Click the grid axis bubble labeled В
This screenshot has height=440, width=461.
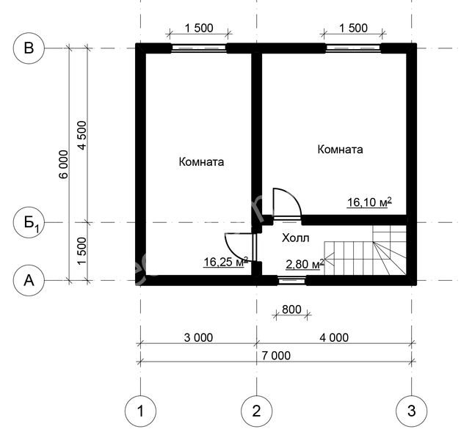pyautogui.click(x=29, y=48)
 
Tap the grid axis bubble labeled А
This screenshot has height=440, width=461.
pyautogui.click(x=29, y=281)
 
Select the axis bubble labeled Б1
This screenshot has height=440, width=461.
pyautogui.click(x=29, y=222)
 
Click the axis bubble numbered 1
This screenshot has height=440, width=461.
pyautogui.click(x=140, y=411)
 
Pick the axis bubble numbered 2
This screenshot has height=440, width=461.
pyautogui.click(x=257, y=411)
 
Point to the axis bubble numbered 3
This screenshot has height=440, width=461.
pyautogui.click(x=412, y=411)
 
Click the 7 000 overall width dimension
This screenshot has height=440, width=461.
pyautogui.click(x=276, y=356)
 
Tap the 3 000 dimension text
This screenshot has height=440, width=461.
pyautogui.click(x=198, y=338)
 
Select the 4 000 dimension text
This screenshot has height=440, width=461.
pyautogui.click(x=334, y=338)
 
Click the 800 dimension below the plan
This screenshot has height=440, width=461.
pyautogui.click(x=291, y=309)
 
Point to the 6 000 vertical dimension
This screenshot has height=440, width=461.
pyautogui.click(x=64, y=164)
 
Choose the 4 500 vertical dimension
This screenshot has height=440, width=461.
pyautogui.click(x=82, y=135)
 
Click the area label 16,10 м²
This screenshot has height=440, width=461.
pyautogui.click(x=369, y=202)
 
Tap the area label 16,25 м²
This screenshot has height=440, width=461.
pyautogui.click(x=226, y=262)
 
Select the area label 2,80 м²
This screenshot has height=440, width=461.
pyautogui.click(x=305, y=264)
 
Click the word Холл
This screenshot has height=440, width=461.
pyautogui.click(x=296, y=238)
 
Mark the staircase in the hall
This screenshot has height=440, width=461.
pyautogui.click(x=366, y=250)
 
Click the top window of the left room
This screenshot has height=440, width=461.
pyautogui.click(x=199, y=48)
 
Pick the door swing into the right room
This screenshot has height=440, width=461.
pyautogui.click(x=287, y=202)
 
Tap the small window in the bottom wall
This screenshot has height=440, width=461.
pyautogui.click(x=291, y=281)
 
